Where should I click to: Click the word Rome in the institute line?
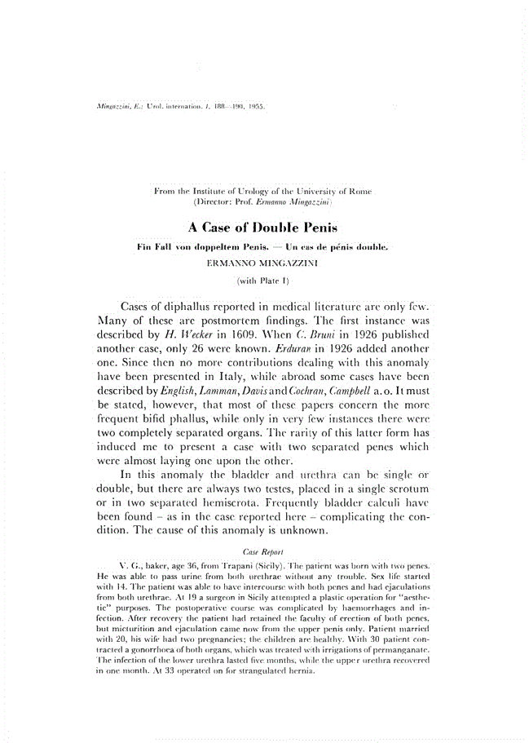(358, 191)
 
